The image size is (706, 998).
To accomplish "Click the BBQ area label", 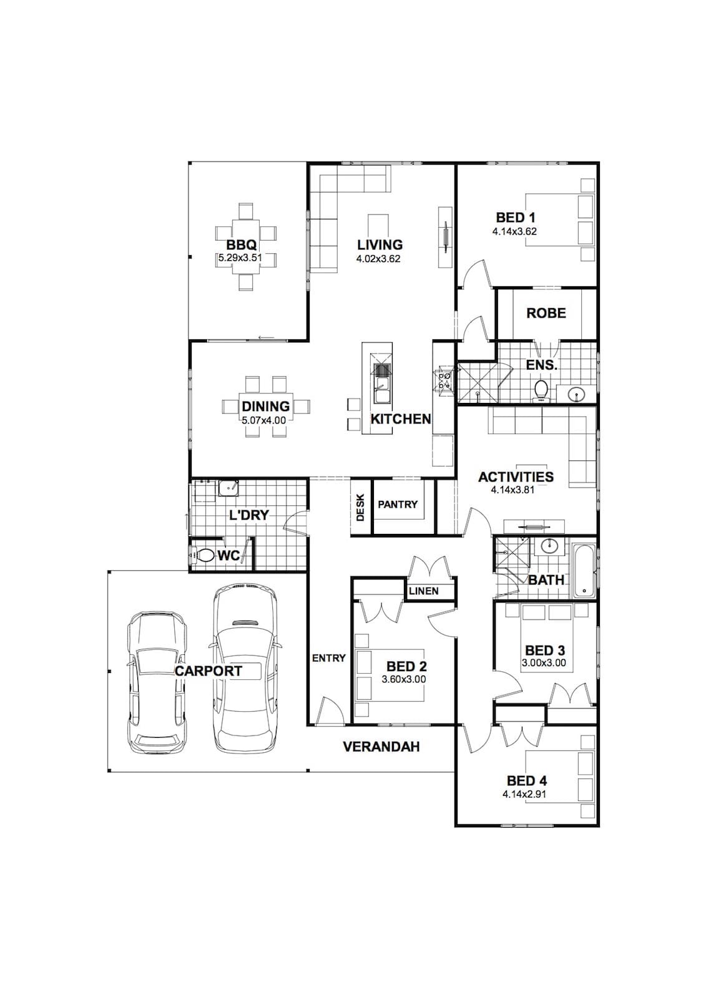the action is tap(242, 245).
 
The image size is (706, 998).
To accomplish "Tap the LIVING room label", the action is tap(380, 245).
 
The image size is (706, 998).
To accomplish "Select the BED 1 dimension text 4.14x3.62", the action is tap(514, 231).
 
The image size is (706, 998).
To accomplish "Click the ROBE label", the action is tap(546, 313).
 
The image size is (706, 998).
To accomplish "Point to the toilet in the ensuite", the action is tap(541, 390).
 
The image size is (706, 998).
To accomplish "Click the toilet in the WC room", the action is tap(204, 555).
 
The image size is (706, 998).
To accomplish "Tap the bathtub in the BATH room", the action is tap(584, 571).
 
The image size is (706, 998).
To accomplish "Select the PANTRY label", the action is tap(398, 505).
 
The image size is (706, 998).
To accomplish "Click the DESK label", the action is tap(360, 508).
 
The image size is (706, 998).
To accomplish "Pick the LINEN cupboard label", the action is tap(424, 591).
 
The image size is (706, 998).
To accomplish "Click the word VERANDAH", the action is tap(381, 746).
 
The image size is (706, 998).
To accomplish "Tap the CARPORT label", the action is tap(208, 671).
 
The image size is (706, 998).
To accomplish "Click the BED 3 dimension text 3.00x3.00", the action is tap(544, 663).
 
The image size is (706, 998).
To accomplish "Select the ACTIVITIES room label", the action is tap(516, 477).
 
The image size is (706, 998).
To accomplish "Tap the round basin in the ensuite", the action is tap(577, 394).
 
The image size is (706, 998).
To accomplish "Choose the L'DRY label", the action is tap(249, 515).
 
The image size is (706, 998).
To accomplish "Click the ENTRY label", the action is tap(329, 658).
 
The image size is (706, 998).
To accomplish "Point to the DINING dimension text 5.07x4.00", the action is tap(265, 420).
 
